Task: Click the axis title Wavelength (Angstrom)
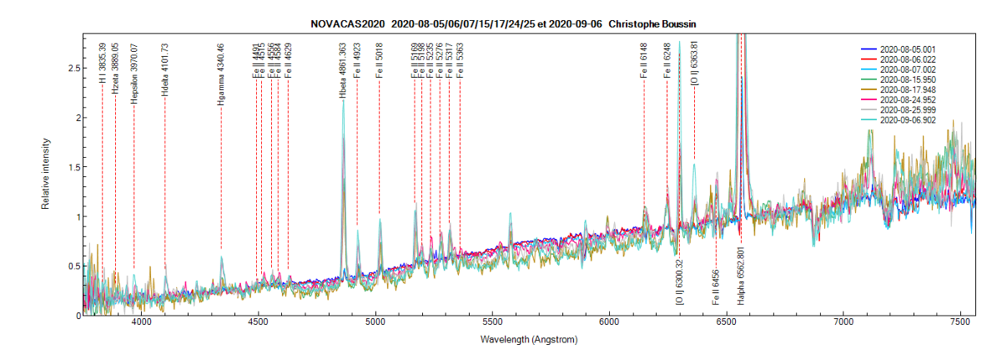click(529, 341)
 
